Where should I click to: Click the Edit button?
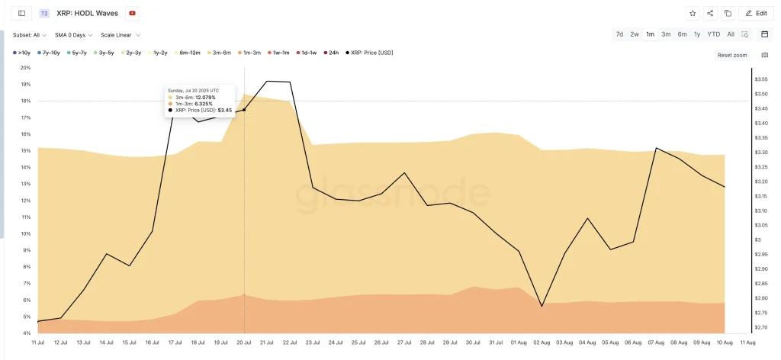coord(757,13)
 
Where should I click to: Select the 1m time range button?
coord(650,34)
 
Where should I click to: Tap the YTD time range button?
coord(713,34)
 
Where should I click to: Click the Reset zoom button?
coord(732,55)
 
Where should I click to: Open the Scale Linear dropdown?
coord(121,35)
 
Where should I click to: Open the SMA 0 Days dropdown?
coord(74,35)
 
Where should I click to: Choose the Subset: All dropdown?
coord(30,35)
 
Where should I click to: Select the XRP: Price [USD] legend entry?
coord(370,53)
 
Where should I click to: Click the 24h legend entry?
coord(332,53)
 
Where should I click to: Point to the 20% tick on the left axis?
coord(25,68)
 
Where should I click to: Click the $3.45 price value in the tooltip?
coord(224,111)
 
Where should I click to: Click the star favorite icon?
coord(693,13)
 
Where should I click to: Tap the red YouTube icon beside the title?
coord(133,13)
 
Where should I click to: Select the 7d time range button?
coord(619,34)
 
